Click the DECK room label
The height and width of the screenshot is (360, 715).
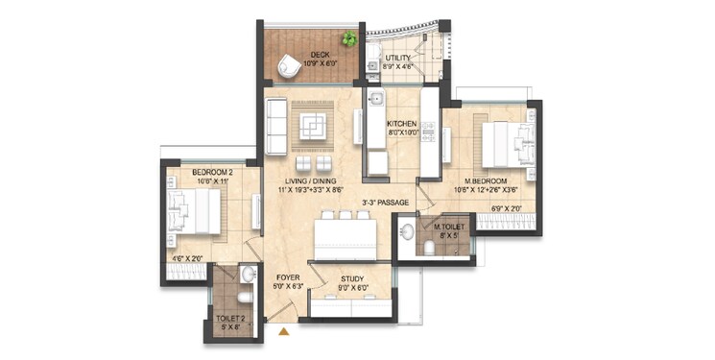[x=311, y=55]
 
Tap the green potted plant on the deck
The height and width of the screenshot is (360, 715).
[x=349, y=39]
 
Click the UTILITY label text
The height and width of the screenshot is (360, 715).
[x=398, y=59]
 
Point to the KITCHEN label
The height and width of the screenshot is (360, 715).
[x=402, y=125]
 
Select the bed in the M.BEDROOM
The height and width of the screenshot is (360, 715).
[x=500, y=146]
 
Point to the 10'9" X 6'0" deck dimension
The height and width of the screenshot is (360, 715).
[x=311, y=64]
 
